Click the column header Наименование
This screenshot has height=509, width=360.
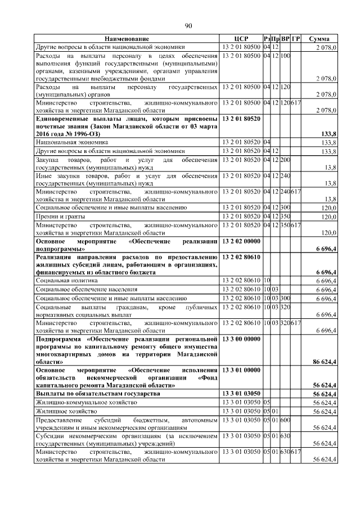pos(127,38)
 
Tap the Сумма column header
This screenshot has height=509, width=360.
pos(319,38)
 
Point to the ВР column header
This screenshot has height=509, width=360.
pos(285,38)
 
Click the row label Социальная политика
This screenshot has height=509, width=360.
pos(67,280)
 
